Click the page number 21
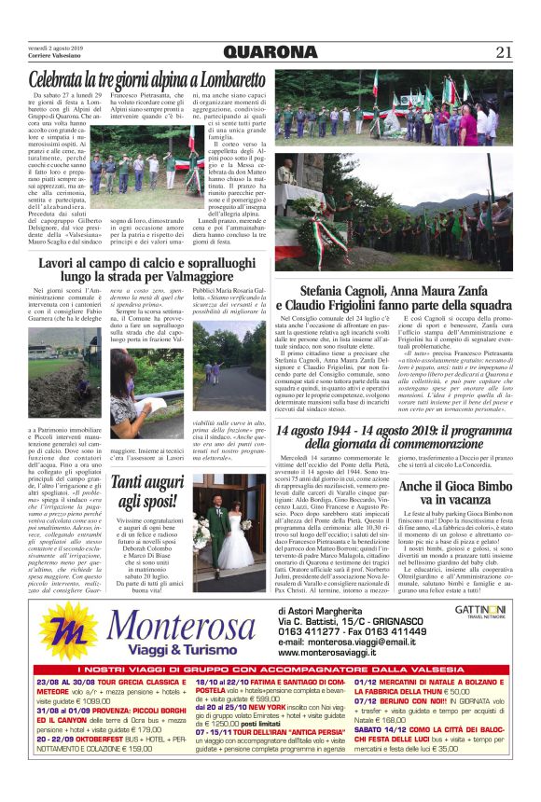click(504, 51)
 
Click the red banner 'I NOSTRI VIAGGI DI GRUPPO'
click(270, 697)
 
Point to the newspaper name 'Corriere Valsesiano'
click(55, 58)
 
